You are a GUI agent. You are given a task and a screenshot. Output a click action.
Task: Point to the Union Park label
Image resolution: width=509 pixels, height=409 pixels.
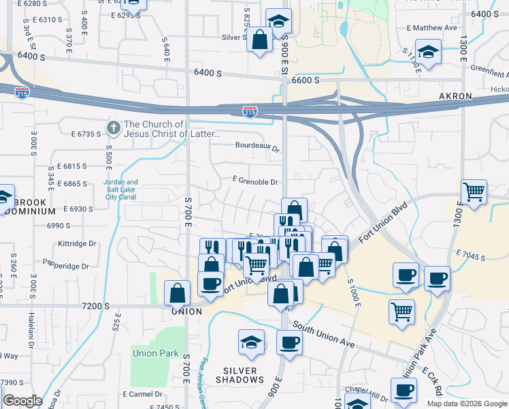pos(155,353)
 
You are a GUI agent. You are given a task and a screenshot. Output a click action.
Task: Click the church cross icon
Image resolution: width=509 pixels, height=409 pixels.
pos(114,127)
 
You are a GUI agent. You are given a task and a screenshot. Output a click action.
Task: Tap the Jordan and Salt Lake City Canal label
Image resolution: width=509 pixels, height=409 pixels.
pos(120,190)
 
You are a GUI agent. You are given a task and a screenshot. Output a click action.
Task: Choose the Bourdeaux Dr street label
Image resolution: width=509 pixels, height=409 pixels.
pos(257,146)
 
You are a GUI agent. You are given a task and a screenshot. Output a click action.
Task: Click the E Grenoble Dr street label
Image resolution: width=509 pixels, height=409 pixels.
pos(255,182)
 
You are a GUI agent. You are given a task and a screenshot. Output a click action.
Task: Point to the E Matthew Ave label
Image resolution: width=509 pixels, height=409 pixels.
pos(431,28)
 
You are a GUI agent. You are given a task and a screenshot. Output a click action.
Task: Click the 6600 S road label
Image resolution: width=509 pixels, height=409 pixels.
pos(306,80)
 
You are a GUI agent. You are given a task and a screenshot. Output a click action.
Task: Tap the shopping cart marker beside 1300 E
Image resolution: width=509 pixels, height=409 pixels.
pos(474,192)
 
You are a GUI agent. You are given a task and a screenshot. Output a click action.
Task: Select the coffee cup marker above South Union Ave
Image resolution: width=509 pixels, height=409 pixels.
pos(289,342)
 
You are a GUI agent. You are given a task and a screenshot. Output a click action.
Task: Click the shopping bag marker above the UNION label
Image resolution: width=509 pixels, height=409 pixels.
pos(177,293)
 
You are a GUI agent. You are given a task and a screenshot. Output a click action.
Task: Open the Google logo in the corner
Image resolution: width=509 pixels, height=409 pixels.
pos(22,401)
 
